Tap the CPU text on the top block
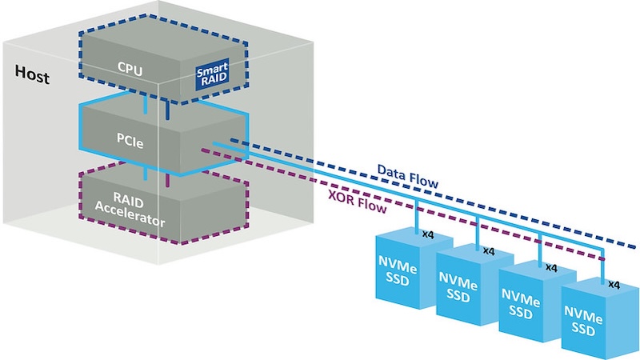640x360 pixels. (x=128, y=70)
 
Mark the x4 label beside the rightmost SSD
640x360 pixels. (x=614, y=284)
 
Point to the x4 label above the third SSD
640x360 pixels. (x=550, y=267)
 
